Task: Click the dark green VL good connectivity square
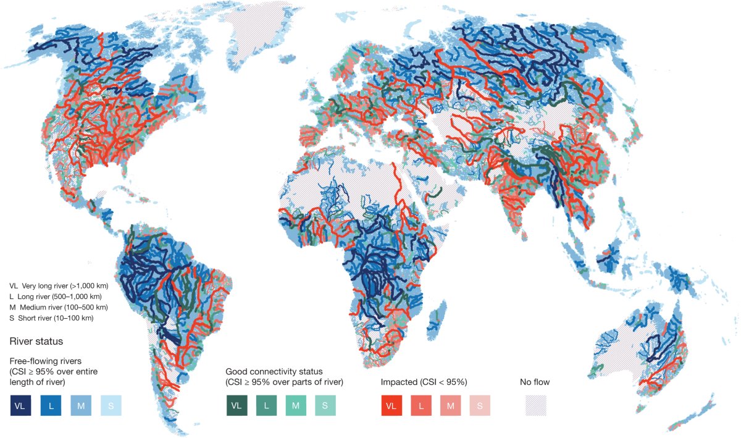[x=236, y=405]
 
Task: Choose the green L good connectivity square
[x=266, y=405]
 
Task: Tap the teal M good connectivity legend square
[x=296, y=405]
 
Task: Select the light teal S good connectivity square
[x=325, y=405]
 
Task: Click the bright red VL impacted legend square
[x=391, y=405]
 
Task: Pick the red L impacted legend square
[x=421, y=405]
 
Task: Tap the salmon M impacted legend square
[x=451, y=405]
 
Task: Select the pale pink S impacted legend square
[x=480, y=405]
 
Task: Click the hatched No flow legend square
[x=535, y=405]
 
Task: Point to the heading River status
[x=36, y=341]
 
